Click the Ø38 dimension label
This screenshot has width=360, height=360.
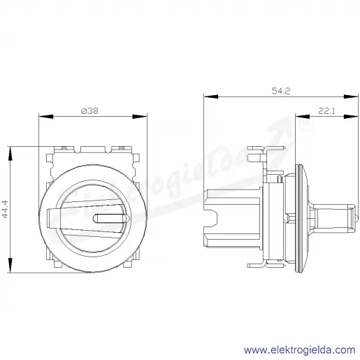[x=90, y=111]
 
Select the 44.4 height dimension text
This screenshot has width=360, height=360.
[x=5, y=209]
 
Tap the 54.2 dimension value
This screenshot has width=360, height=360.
[x=281, y=91]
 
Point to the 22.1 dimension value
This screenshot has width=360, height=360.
[x=326, y=111]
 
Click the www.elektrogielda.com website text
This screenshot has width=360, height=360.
[x=300, y=350]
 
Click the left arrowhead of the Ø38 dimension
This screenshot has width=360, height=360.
[x=46, y=116]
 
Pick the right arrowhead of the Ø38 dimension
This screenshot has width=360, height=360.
[x=140, y=116]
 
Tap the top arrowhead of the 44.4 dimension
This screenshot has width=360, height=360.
[x=10, y=154]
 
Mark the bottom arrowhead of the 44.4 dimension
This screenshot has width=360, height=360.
[x=10, y=265]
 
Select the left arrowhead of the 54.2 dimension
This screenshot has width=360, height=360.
[x=211, y=96]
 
